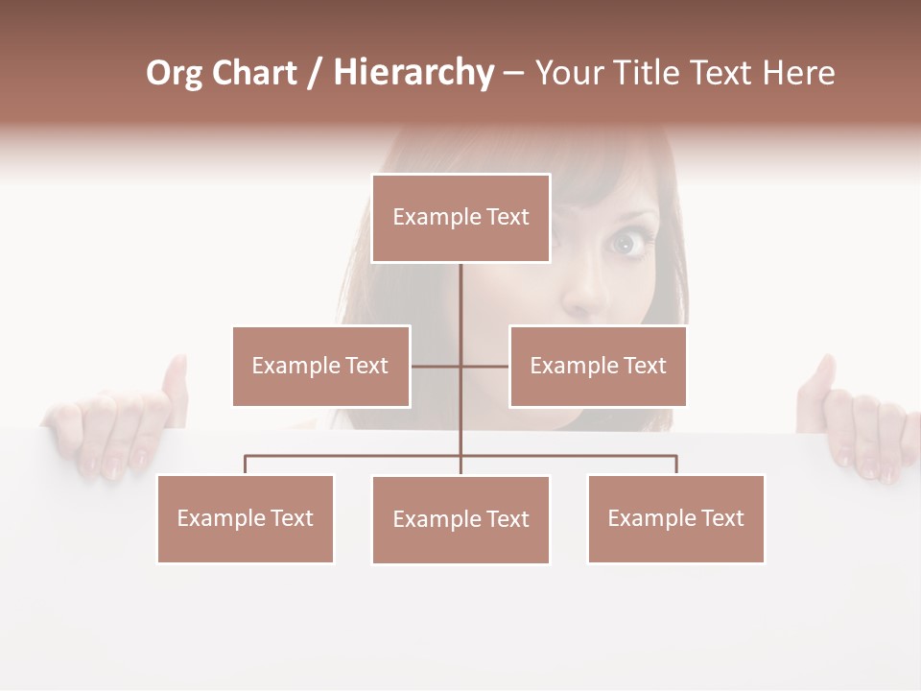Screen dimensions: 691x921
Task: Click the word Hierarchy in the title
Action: point(413,73)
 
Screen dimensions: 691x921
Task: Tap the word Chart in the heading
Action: point(254,73)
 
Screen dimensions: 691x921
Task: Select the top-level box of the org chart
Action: point(460,218)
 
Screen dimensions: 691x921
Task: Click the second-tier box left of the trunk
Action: point(320,366)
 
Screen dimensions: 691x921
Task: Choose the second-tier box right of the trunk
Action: point(598,366)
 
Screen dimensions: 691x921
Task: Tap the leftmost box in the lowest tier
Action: point(245,518)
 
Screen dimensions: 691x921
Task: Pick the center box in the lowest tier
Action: point(460,519)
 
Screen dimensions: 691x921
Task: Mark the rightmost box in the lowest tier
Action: point(675,518)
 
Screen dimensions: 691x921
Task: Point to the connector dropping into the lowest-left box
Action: point(245,465)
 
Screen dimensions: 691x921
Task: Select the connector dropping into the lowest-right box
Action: point(676,465)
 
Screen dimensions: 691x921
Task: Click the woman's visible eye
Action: point(626,244)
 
